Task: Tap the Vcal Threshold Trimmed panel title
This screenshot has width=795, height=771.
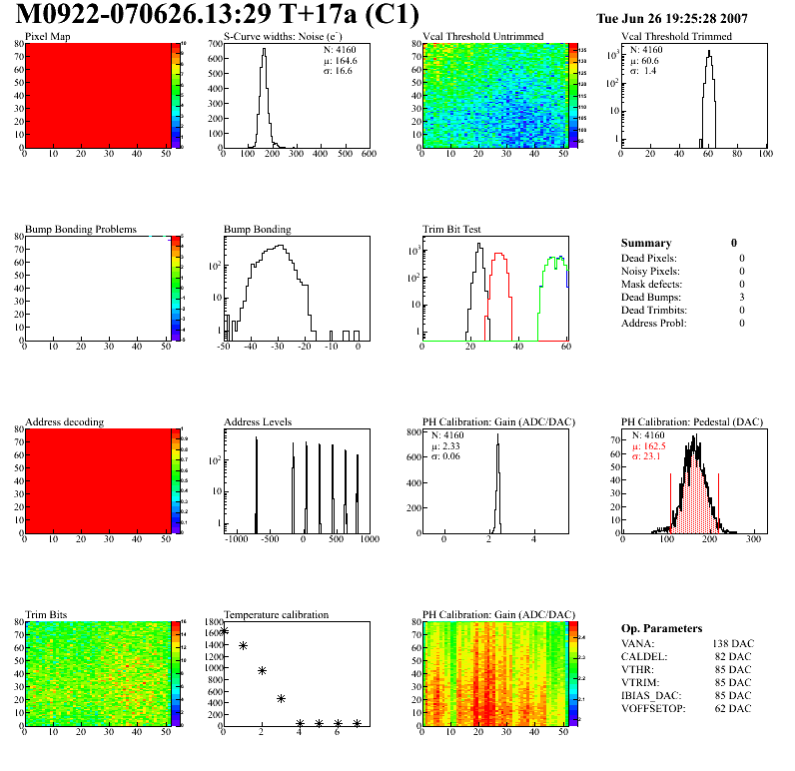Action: pos(676,37)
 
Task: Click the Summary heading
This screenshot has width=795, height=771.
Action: pos(646,243)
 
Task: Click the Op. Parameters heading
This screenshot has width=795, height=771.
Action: pos(661,628)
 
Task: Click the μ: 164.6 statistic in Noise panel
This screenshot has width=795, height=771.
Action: pos(340,60)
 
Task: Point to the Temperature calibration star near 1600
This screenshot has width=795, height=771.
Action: pos(224,630)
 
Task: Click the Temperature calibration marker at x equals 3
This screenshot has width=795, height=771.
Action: pos(282,698)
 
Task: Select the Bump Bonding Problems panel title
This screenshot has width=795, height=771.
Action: pos(81,230)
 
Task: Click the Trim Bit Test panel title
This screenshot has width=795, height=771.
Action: pos(452,230)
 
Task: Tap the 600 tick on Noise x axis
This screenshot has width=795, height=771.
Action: pos(369,155)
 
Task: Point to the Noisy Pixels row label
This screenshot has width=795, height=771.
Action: pos(650,271)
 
